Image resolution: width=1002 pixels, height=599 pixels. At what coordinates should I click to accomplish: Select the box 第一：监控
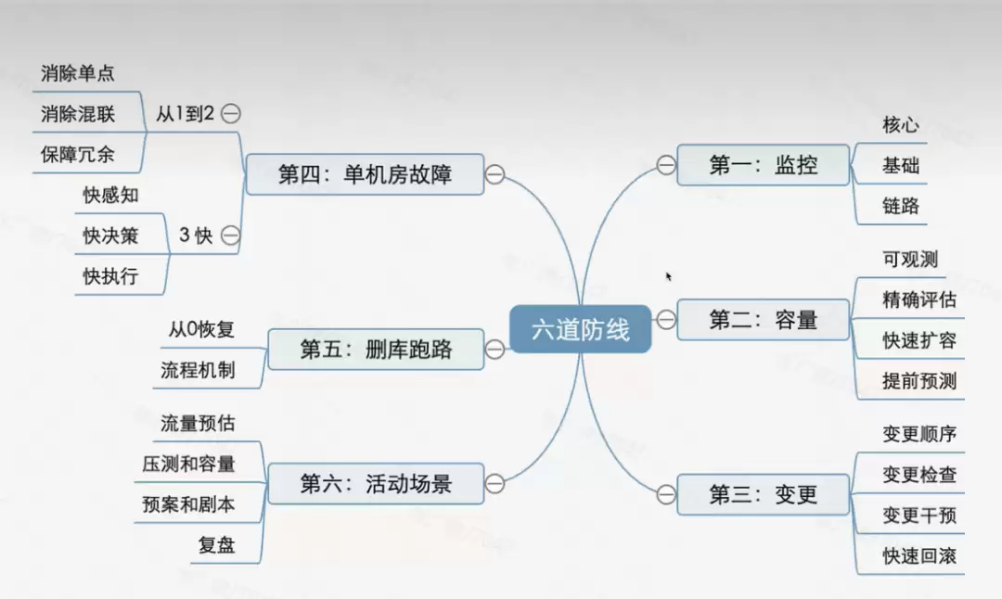[x=763, y=166]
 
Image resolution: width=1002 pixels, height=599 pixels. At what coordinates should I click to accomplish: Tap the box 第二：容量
[x=763, y=321]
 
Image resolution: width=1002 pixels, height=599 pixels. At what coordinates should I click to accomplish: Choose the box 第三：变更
[x=763, y=494]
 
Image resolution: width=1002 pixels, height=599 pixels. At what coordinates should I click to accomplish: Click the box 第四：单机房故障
[x=365, y=173]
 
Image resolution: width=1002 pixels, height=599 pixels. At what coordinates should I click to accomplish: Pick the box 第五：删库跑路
[x=376, y=349]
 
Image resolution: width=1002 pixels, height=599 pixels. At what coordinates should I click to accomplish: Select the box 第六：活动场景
[x=376, y=483]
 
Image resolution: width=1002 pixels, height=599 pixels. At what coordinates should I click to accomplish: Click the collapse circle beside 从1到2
[x=231, y=114]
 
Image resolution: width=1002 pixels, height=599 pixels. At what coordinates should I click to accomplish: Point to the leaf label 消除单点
[x=78, y=73]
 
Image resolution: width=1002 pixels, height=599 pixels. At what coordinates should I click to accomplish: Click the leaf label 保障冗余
[x=78, y=154]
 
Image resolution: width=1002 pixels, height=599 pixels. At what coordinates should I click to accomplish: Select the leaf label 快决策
[x=110, y=236]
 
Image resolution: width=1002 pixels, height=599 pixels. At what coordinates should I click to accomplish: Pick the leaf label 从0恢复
[x=201, y=329]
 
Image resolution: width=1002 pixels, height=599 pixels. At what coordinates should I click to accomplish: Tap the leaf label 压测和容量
[x=188, y=465]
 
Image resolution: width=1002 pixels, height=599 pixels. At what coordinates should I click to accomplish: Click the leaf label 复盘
[x=216, y=545]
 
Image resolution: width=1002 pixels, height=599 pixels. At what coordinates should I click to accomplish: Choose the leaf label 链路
[x=901, y=207]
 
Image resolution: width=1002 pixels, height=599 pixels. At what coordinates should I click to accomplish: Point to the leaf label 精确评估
[x=919, y=300]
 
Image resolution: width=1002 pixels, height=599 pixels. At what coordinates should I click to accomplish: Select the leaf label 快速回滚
[x=919, y=556]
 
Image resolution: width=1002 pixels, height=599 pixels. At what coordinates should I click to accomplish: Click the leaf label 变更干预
[x=919, y=516]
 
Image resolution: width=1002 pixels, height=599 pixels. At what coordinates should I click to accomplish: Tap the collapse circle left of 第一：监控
[x=665, y=165]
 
